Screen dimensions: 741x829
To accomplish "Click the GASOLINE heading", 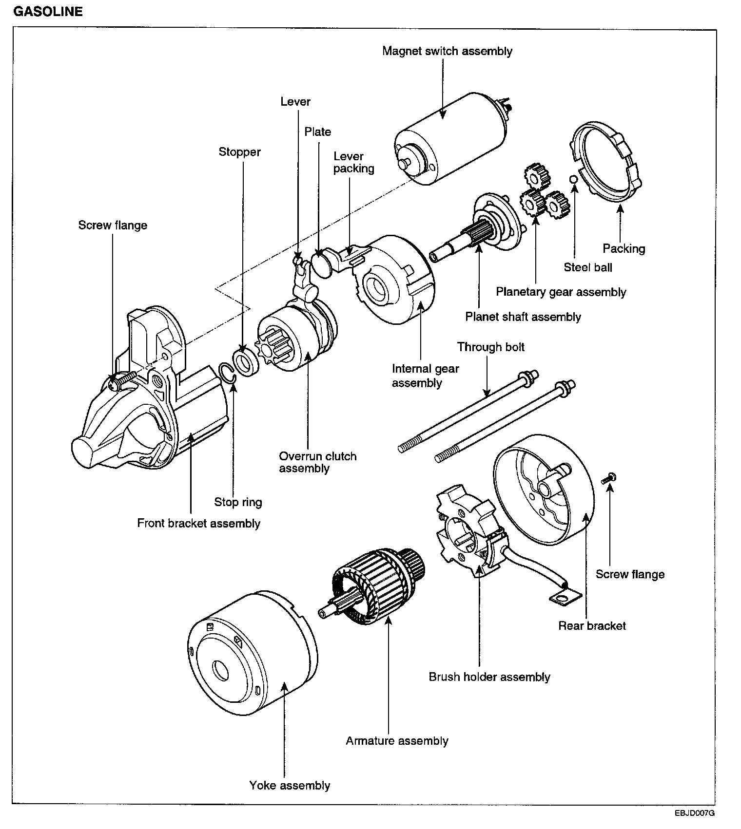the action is (48, 12).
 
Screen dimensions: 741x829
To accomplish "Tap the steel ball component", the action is (574, 179).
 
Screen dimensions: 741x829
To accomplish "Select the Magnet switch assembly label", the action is (447, 51).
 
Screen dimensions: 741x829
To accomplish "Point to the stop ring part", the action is (228, 372).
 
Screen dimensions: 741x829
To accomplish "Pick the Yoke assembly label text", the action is (290, 786).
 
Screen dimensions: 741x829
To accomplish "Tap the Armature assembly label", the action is (397, 741).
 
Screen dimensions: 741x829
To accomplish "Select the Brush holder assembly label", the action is (489, 677).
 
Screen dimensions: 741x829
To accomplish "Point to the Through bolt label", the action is (491, 347).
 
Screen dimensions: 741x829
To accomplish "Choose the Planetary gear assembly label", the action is (561, 292).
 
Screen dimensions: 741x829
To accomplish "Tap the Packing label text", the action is (624, 249).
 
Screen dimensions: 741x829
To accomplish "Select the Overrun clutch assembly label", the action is (318, 462).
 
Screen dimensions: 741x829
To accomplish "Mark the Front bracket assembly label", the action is (198, 524).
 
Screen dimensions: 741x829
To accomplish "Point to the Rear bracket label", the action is (592, 626).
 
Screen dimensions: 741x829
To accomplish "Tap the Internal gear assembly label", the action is (426, 376).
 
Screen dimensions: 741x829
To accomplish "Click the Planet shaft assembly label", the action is (523, 317).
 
